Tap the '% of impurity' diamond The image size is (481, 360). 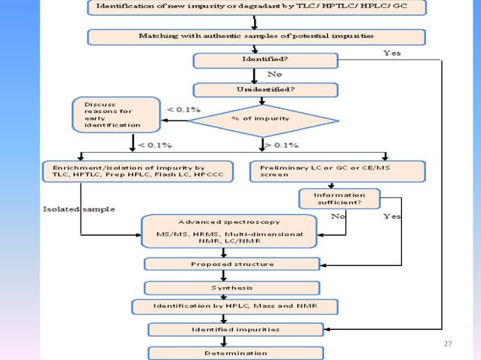pyautogui.click(x=261, y=119)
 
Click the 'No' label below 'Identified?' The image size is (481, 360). pyautogui.click(x=276, y=74)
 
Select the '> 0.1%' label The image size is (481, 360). pyautogui.click(x=280, y=145)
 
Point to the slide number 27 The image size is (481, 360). pyautogui.click(x=448, y=343)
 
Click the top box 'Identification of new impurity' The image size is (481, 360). pyautogui.click(x=259, y=8)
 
